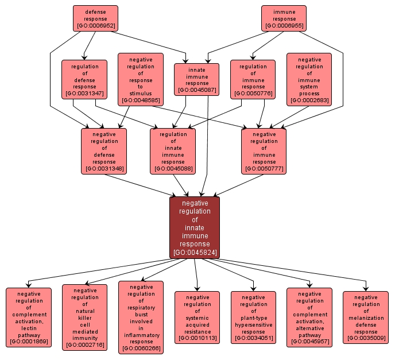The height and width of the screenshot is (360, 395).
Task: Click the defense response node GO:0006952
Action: (x=95, y=18)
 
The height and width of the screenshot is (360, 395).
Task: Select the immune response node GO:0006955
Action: (x=284, y=18)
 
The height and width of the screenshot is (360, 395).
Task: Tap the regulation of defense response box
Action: (x=84, y=79)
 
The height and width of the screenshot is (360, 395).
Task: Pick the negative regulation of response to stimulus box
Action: (x=141, y=79)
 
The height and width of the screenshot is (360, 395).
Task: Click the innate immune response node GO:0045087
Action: (x=196, y=79)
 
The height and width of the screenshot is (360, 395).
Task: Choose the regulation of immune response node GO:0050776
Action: (x=253, y=79)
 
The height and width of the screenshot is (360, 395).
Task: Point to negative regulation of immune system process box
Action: (x=309, y=79)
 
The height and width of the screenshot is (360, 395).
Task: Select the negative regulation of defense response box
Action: (x=104, y=151)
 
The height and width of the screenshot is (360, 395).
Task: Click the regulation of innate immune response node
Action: (x=172, y=151)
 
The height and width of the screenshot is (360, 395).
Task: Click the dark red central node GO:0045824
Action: (x=195, y=227)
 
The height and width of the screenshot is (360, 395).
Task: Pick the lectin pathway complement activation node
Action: (x=29, y=318)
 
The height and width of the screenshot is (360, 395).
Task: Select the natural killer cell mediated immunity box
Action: (x=84, y=318)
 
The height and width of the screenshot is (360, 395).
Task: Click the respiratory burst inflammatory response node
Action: (x=141, y=317)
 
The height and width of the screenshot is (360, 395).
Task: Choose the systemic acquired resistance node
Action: (x=196, y=318)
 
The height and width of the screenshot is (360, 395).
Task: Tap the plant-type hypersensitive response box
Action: (x=253, y=318)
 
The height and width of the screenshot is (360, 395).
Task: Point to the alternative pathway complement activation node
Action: (x=309, y=318)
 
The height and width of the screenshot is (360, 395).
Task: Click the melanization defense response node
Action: (x=365, y=318)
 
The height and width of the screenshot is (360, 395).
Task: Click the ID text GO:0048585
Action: (x=141, y=100)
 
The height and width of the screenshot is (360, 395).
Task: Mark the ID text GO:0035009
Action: (x=365, y=338)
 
